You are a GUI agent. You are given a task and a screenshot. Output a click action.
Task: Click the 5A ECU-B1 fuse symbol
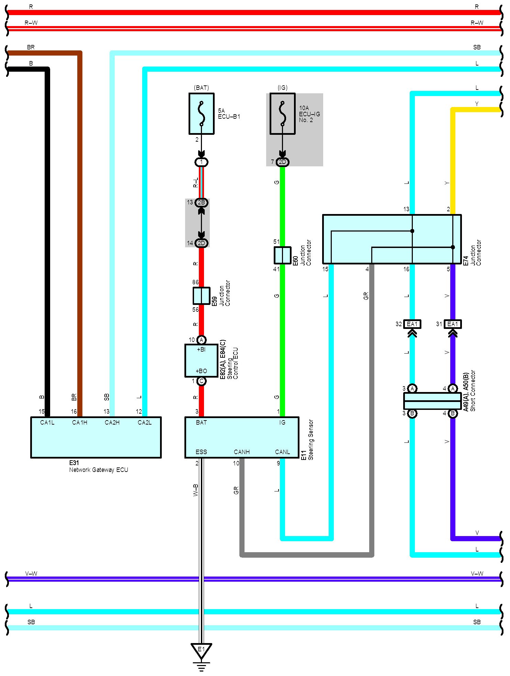(201, 114)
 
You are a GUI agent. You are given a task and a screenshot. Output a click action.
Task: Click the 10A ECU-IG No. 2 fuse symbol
(282, 114)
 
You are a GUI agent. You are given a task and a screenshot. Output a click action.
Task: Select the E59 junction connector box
(201, 296)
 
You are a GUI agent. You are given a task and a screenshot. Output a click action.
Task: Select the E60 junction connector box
(282, 255)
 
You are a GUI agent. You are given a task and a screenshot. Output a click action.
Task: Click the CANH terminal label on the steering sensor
(242, 452)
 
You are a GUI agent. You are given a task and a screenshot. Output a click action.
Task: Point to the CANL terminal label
(282, 452)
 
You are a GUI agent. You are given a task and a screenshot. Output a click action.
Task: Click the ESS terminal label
(201, 452)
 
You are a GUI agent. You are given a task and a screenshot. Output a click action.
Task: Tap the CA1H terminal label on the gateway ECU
(80, 422)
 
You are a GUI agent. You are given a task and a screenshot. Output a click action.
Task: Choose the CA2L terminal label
(145, 422)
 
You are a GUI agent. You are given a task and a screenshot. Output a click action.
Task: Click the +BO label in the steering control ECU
(201, 371)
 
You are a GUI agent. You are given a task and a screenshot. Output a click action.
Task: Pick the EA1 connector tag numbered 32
(412, 324)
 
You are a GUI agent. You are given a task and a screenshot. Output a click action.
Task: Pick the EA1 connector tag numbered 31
(453, 324)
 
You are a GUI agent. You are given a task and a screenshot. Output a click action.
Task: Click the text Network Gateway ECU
(99, 470)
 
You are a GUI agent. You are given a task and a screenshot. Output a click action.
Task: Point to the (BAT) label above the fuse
(201, 88)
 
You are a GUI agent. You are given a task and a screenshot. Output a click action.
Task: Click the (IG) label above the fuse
(282, 88)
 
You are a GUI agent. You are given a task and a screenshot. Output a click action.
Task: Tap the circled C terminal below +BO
(202, 381)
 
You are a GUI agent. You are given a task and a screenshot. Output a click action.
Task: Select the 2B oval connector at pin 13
(202, 202)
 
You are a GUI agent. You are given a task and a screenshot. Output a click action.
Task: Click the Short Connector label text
(473, 390)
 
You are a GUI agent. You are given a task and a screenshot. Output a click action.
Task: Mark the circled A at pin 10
(202, 340)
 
